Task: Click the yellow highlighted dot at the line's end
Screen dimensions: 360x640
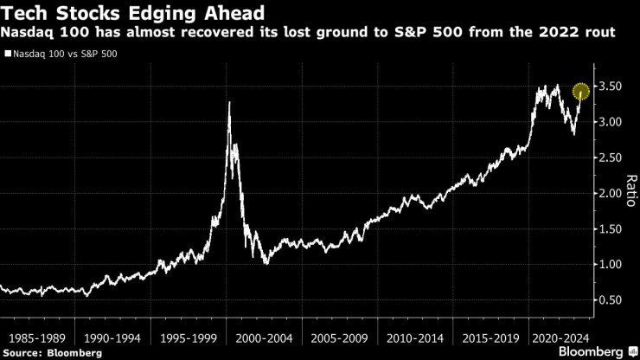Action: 581,91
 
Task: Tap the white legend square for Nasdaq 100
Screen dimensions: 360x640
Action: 7,54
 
